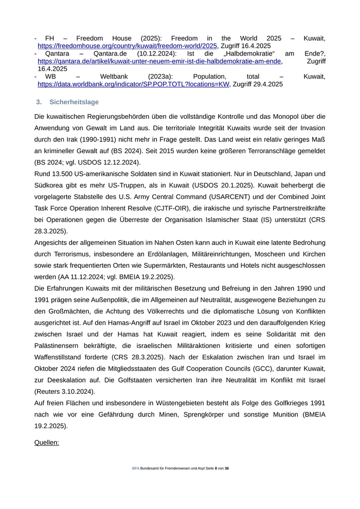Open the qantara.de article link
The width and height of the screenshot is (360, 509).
[159, 61]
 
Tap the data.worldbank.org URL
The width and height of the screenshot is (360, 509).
[133, 84]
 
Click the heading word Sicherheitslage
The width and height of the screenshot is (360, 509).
[74, 102]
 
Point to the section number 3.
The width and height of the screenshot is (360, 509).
[39, 102]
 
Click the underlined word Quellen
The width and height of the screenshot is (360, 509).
[47, 442]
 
